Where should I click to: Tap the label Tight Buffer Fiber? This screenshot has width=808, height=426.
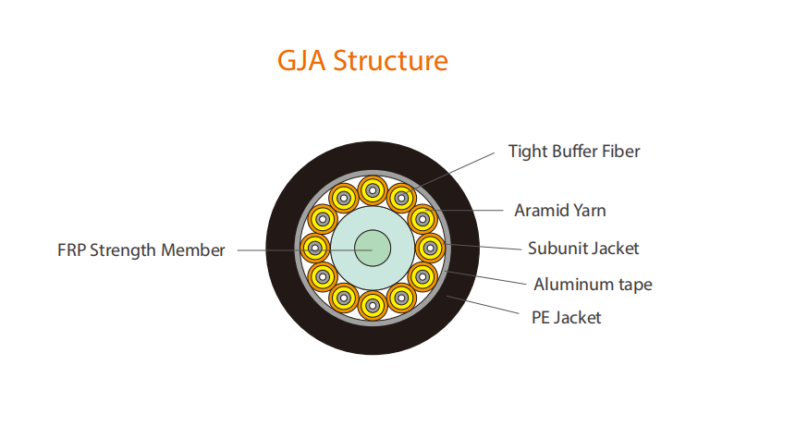[x=574, y=151]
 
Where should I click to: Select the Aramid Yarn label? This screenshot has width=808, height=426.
[x=560, y=211]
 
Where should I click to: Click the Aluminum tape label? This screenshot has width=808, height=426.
[x=593, y=284]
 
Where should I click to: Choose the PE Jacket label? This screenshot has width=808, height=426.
[x=567, y=318]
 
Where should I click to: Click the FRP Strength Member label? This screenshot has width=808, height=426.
[x=141, y=250]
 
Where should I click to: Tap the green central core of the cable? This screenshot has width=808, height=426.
[x=372, y=248]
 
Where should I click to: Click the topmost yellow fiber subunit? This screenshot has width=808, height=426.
[x=372, y=191]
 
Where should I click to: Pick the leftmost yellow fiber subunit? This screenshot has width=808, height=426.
[x=315, y=248]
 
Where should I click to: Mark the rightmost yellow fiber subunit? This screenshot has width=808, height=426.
[x=429, y=248]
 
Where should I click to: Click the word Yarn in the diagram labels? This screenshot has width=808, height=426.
[x=588, y=211]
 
